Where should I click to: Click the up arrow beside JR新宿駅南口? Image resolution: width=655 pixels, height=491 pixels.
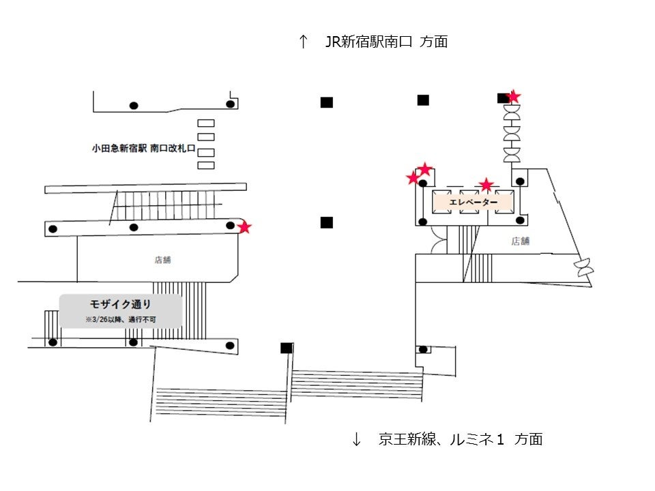coord(304,42)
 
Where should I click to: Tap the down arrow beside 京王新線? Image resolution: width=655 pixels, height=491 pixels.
coord(356,440)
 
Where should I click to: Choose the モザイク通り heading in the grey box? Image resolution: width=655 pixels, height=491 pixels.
coord(121,304)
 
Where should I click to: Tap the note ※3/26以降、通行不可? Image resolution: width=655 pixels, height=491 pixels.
coord(121,319)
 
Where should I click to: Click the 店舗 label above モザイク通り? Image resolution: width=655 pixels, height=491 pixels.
coord(162,259)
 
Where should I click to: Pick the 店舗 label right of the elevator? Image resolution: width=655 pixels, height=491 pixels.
coord(521,241)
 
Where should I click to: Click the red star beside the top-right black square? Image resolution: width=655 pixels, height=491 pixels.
coord(514,98)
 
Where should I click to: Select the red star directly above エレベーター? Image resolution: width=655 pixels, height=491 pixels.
coord(486,185)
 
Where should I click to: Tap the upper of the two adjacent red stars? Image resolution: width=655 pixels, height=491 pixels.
coord(424,168)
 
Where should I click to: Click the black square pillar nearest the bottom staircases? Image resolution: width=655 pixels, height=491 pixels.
coord(287,348)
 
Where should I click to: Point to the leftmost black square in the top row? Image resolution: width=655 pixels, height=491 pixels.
coord(327,102)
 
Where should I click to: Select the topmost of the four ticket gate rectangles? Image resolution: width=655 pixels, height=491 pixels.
coord(205,123)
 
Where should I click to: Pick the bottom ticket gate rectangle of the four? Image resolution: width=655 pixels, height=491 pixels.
coord(205,165)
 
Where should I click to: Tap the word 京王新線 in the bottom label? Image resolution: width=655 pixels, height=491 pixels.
coord(404,440)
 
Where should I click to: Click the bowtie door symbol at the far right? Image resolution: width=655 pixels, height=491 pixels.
coord(584,267)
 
